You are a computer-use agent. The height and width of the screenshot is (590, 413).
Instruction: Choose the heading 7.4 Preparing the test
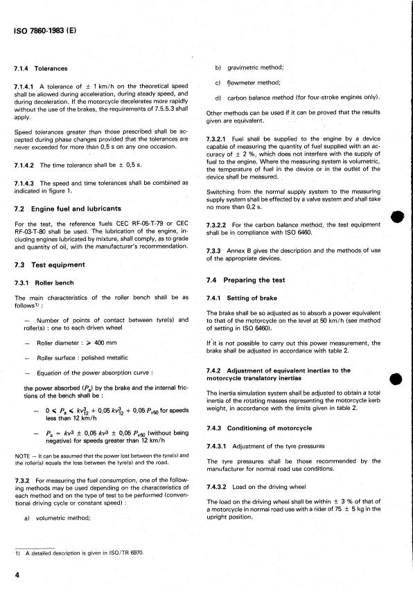(x=252, y=280)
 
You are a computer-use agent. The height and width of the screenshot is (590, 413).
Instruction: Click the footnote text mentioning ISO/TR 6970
(x=76, y=555)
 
